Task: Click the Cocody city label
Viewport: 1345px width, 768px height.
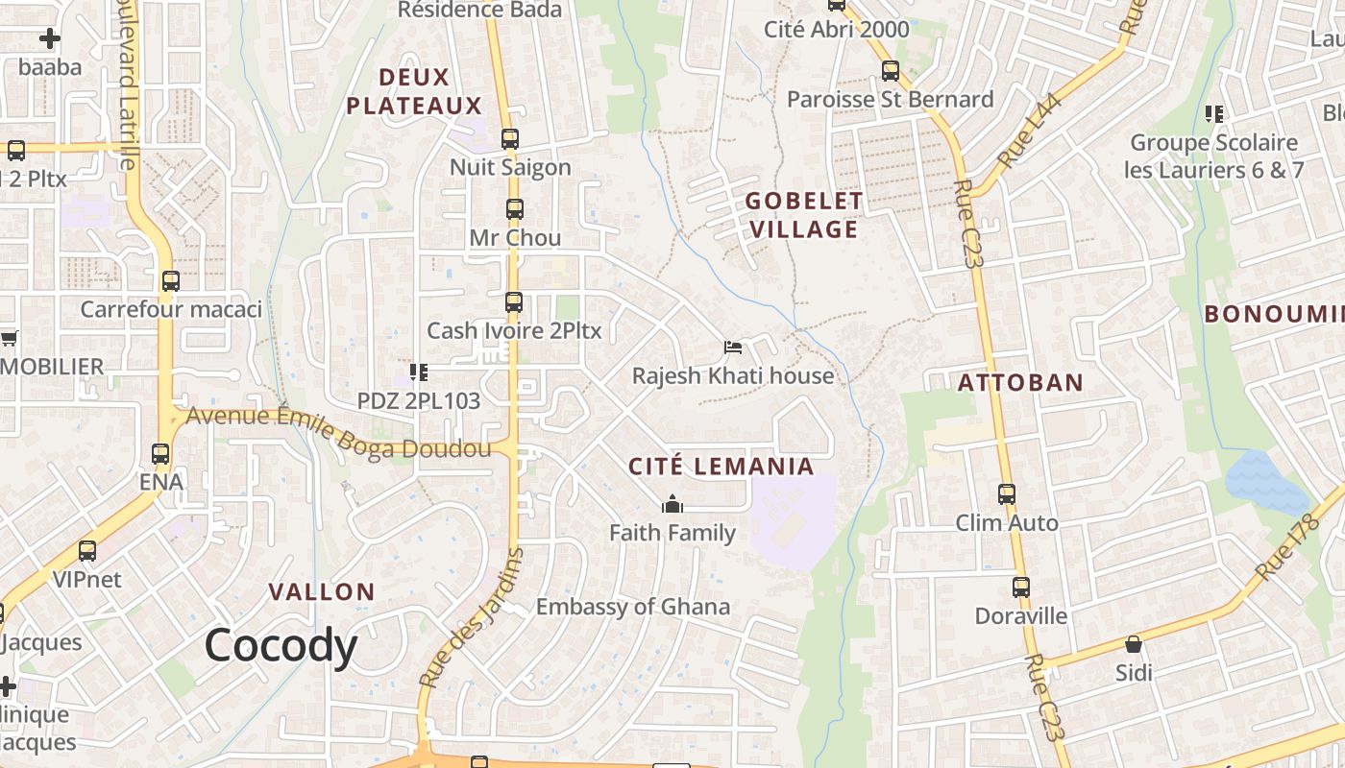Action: (281, 646)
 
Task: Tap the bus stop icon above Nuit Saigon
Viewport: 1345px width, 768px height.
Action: (510, 139)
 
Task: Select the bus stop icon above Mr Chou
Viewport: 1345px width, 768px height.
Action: (515, 209)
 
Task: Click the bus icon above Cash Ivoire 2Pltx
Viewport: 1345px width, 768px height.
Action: (514, 302)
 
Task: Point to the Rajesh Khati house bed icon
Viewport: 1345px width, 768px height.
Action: (733, 348)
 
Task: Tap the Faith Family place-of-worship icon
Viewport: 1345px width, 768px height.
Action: (672, 505)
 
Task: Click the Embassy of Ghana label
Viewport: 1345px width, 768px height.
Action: (632, 607)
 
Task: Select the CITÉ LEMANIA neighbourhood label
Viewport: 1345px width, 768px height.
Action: (721, 468)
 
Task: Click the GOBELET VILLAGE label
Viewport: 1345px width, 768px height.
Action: (804, 215)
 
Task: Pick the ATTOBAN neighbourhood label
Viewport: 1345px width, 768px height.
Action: (1020, 383)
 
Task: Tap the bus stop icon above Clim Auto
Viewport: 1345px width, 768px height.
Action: (1007, 494)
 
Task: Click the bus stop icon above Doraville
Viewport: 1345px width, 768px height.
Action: (1021, 588)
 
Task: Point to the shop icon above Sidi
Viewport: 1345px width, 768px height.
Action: (1134, 644)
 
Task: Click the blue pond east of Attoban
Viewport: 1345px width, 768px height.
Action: (1266, 482)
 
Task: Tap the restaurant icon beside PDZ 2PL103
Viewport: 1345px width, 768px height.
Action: (418, 372)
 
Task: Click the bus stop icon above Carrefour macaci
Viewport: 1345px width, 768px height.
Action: (171, 281)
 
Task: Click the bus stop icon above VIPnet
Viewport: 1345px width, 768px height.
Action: (87, 551)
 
